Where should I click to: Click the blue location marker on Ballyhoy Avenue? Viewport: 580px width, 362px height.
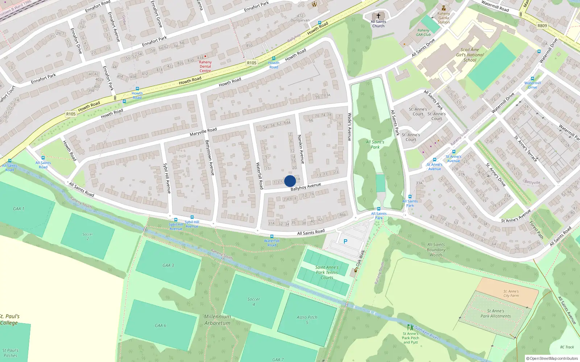[290, 181]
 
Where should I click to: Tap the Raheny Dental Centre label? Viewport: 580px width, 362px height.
[205, 67]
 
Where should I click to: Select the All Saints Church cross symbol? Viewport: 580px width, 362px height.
[378, 16]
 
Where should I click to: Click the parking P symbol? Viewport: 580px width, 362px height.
[345, 241]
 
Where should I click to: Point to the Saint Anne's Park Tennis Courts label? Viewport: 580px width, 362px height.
[327, 273]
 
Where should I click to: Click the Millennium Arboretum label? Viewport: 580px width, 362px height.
[217, 320]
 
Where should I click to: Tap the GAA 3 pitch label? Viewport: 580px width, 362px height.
[168, 265]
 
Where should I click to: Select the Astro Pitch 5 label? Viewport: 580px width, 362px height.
[307, 320]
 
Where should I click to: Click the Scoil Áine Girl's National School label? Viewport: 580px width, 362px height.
[470, 55]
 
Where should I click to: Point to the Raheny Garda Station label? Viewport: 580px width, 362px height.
[443, 18]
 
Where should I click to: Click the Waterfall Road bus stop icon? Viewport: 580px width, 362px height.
[272, 236]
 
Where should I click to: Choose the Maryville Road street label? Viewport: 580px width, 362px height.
[203, 132]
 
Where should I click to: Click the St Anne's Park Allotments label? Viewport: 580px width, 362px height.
[496, 313]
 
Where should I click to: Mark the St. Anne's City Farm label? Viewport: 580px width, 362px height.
[511, 294]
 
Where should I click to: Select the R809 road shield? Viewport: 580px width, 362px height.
[542, 26]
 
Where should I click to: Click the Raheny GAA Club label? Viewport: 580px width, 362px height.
[423, 33]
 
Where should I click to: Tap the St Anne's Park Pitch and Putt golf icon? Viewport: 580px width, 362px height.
[410, 327]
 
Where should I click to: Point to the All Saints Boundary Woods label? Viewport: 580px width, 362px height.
[436, 250]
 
